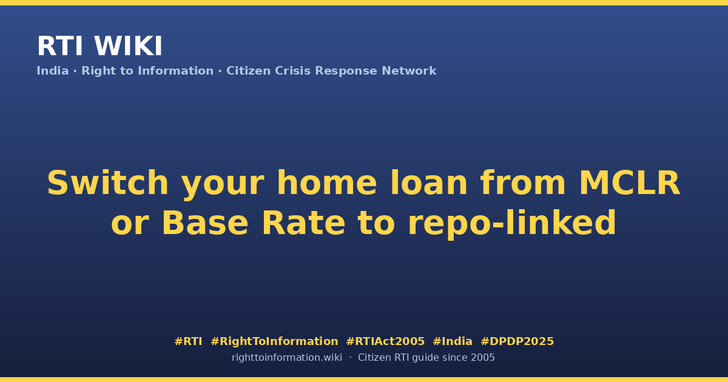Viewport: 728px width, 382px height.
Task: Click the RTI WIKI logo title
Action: tap(99, 46)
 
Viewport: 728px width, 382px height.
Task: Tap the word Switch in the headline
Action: tap(108, 183)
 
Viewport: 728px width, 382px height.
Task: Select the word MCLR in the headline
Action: tap(630, 183)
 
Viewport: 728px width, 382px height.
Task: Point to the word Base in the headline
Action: tap(205, 223)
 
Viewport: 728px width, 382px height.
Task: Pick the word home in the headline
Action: tap(326, 183)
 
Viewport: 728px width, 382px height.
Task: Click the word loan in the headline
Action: tap(429, 183)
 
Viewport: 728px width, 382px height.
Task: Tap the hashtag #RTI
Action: tap(188, 341)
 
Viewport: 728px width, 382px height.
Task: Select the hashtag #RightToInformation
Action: tap(274, 341)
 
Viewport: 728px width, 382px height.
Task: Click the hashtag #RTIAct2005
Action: tap(385, 341)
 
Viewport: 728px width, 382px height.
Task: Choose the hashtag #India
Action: tap(453, 341)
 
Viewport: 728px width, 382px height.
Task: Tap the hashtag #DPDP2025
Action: tap(517, 341)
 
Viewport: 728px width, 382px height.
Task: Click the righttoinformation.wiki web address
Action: tap(287, 358)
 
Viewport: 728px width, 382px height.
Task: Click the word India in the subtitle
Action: tap(53, 71)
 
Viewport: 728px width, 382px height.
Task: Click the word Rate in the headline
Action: tap(303, 223)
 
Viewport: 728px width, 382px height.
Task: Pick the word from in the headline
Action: tap(523, 183)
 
